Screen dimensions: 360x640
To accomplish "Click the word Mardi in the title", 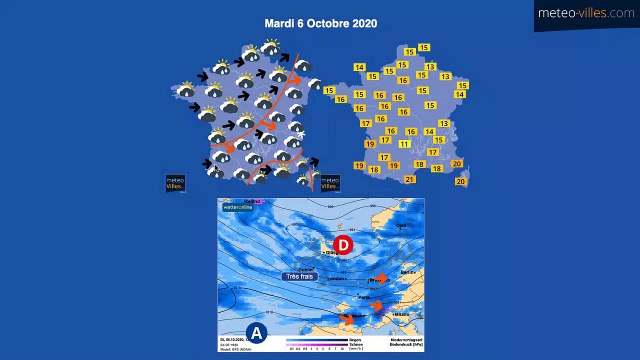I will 279,23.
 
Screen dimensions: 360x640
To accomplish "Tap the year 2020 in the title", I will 365,23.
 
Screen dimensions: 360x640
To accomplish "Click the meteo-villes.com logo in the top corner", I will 586,13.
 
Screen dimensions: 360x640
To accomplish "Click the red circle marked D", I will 343,244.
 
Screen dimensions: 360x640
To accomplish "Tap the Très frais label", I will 299,276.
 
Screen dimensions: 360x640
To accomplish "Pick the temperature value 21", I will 410,180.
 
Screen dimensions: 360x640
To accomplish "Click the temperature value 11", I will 404,144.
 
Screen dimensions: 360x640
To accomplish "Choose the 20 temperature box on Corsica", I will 460,182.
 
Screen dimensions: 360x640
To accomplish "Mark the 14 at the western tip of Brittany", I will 359,67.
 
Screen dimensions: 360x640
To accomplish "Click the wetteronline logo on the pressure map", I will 238,207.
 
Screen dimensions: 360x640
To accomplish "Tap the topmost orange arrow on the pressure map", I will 380,279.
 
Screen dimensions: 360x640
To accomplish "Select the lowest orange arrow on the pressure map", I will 348,319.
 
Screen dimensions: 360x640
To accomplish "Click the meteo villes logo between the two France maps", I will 329,182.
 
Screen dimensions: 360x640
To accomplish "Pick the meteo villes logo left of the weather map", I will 175,183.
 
